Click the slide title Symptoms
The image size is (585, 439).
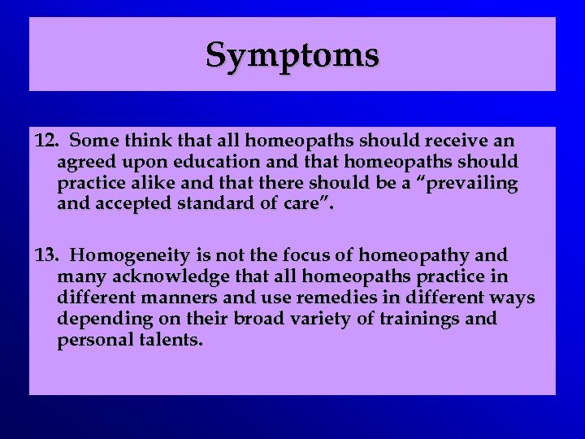292,55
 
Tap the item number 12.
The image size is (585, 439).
45,141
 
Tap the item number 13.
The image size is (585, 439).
45,257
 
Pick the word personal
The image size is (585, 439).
92,340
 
